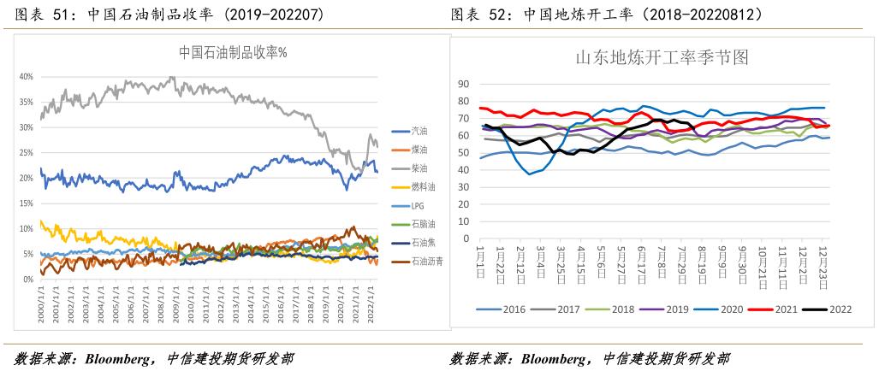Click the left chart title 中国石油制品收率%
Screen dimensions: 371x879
point(233,52)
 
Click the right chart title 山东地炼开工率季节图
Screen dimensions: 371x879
point(662,58)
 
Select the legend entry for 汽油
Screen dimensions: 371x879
point(420,131)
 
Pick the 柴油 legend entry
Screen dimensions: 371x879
point(420,168)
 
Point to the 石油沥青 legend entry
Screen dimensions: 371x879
point(427,262)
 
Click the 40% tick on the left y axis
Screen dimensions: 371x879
point(26,77)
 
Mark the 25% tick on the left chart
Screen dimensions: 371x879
point(26,153)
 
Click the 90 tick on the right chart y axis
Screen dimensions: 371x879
point(464,84)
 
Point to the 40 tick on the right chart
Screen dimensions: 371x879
point(464,169)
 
